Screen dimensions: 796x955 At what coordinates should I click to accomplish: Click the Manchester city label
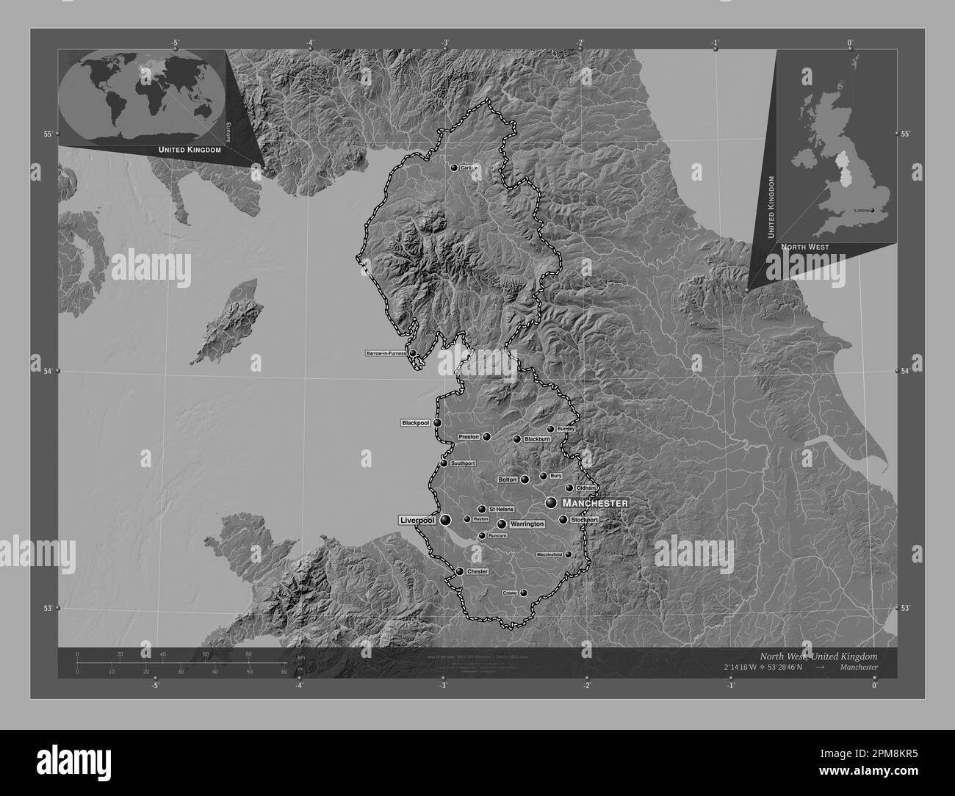[594, 503]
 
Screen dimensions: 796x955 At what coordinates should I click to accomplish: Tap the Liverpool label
[417, 520]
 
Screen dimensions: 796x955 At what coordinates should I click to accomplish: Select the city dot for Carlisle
[454, 167]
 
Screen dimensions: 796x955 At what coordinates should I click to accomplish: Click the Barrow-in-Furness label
[386, 353]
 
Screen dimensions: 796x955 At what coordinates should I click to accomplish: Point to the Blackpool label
[415, 423]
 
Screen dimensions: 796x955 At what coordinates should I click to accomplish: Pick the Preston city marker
[486, 436]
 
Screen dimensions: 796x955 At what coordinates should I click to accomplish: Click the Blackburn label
[536, 439]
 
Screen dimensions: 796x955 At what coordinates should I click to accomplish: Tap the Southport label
[463, 463]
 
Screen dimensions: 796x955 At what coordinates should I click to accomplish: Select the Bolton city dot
[525, 480]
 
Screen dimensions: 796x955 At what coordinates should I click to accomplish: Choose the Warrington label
[527, 524]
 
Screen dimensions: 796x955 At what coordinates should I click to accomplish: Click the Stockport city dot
[563, 520]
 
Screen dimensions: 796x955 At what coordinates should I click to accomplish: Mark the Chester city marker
[459, 571]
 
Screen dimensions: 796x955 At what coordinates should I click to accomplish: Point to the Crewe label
[510, 593]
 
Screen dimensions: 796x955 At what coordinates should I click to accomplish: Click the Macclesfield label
[550, 554]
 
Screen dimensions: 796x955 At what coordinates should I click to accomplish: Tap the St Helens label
[501, 509]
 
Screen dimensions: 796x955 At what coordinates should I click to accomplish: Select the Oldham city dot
[569, 488]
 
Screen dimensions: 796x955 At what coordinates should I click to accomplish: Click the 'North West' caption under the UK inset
[804, 247]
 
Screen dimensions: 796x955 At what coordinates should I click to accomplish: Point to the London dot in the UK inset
[873, 210]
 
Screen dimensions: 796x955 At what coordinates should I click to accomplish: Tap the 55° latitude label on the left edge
[47, 134]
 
